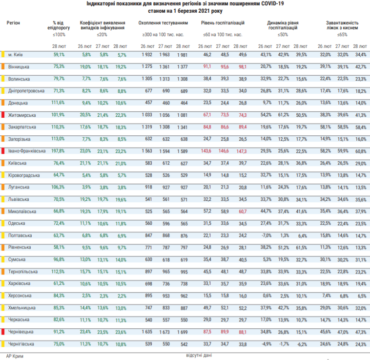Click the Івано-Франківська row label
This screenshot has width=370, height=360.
[27, 151]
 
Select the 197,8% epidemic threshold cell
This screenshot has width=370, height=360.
[58, 151]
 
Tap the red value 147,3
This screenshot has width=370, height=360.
[242, 151]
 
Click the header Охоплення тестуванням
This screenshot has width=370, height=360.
[163, 23]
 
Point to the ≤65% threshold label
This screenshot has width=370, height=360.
[342, 35]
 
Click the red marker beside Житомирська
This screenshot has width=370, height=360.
[3, 115]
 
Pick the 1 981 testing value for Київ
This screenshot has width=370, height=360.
[182, 55]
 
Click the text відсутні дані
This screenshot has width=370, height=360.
[199, 355]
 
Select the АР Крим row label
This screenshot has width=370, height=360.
[15, 356]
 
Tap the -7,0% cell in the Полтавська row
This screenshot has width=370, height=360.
[267, 235]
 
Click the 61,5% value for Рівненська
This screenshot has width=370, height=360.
[301, 248]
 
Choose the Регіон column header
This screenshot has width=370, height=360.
[13, 23]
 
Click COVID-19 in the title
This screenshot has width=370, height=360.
[272, 4]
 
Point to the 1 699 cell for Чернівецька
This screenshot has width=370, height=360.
[182, 332]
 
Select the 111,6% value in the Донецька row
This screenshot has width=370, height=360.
[58, 103]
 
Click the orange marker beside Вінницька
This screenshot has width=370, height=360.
[3, 66]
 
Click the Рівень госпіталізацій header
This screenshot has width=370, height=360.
[223, 23]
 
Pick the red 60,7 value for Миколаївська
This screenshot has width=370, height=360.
[243, 212]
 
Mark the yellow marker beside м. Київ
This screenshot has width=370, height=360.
[3, 54]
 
